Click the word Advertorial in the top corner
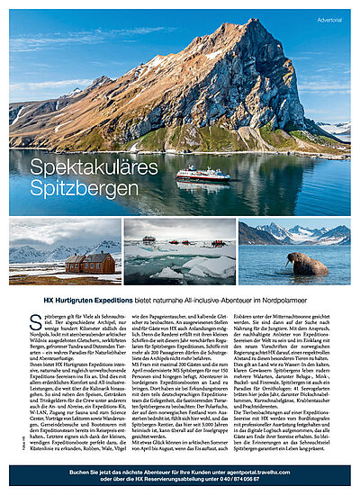[329, 19]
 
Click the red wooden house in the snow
[90, 263]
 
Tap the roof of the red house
[90, 256]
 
